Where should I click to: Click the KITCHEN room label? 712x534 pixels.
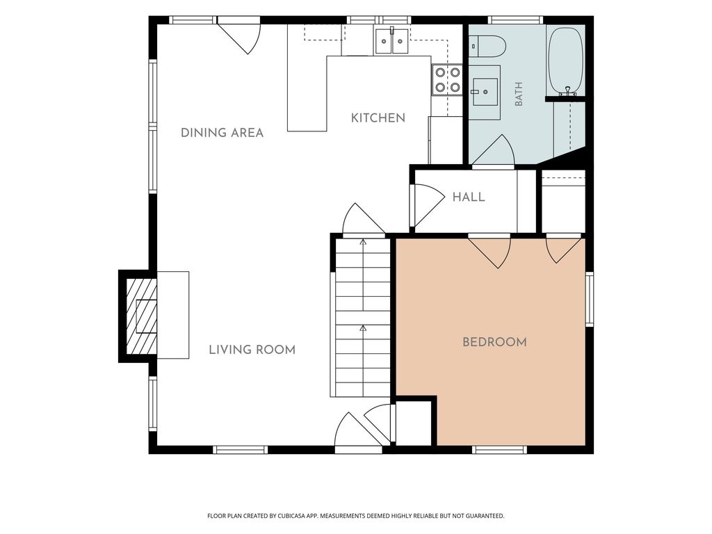[x=378, y=118]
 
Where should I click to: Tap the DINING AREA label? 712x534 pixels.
[x=222, y=133]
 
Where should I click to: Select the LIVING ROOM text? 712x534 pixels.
[x=252, y=350]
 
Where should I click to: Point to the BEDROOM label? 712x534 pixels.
[x=494, y=342]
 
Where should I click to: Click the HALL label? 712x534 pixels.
[x=469, y=197]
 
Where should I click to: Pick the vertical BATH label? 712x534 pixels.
[x=519, y=94]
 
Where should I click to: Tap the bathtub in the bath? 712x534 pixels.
[x=566, y=61]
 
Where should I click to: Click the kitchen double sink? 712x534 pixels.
[x=391, y=40]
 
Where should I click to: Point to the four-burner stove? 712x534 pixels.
[x=447, y=79]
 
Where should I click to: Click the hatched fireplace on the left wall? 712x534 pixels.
[x=141, y=316]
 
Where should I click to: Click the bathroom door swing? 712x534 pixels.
[x=493, y=150]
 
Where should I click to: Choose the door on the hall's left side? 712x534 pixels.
[x=428, y=206]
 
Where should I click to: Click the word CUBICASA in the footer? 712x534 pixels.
[x=303, y=516]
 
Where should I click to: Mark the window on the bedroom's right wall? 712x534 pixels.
[x=590, y=299]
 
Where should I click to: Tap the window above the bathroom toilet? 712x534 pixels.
[x=515, y=20]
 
